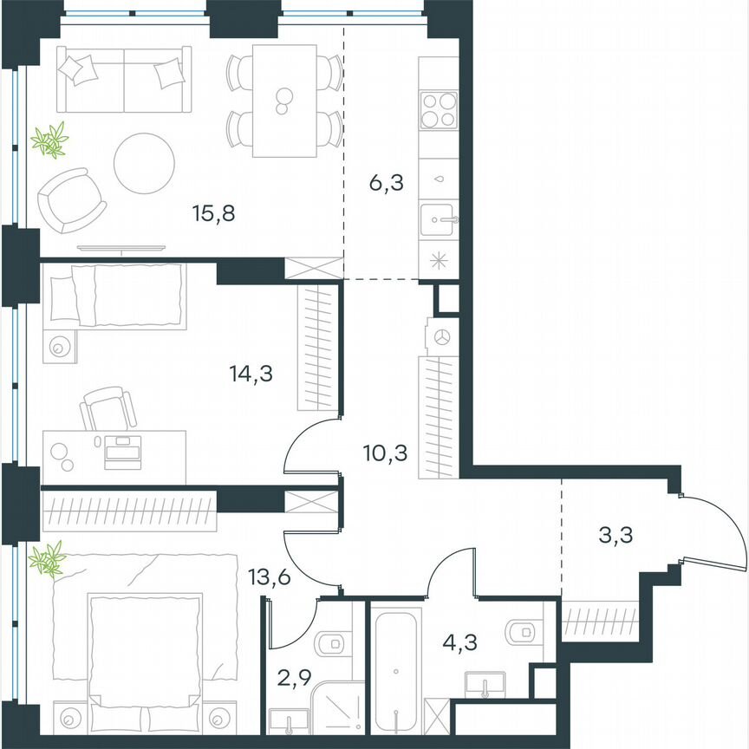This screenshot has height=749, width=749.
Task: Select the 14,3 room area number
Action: click(245, 374)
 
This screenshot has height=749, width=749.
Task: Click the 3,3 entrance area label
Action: click(615, 536)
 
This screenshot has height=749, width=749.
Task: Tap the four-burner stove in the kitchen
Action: click(438, 110)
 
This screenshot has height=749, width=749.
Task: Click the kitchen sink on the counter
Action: click(439, 220)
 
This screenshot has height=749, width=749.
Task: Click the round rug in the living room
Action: click(145, 163)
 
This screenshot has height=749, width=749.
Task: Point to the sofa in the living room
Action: click(122, 80)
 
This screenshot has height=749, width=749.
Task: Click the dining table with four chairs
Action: click(283, 101)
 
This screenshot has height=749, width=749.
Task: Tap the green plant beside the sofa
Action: click(49, 140)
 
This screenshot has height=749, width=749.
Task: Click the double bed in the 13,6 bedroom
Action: click(145, 646)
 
